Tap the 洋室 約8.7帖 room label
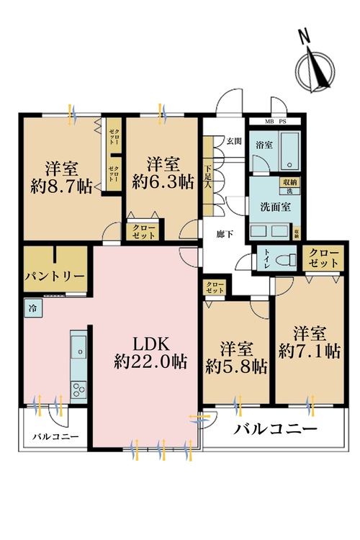[x=60, y=176]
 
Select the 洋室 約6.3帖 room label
[x=163, y=172]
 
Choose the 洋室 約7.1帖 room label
[x=310, y=343]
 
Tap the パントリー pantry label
[x=54, y=276]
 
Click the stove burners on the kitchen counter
[x=78, y=388]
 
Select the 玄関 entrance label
[x=233, y=140]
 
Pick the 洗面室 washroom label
[x=275, y=205]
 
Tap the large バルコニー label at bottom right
[x=275, y=430]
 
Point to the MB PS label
[x=277, y=122]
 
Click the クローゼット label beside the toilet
[x=321, y=258]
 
